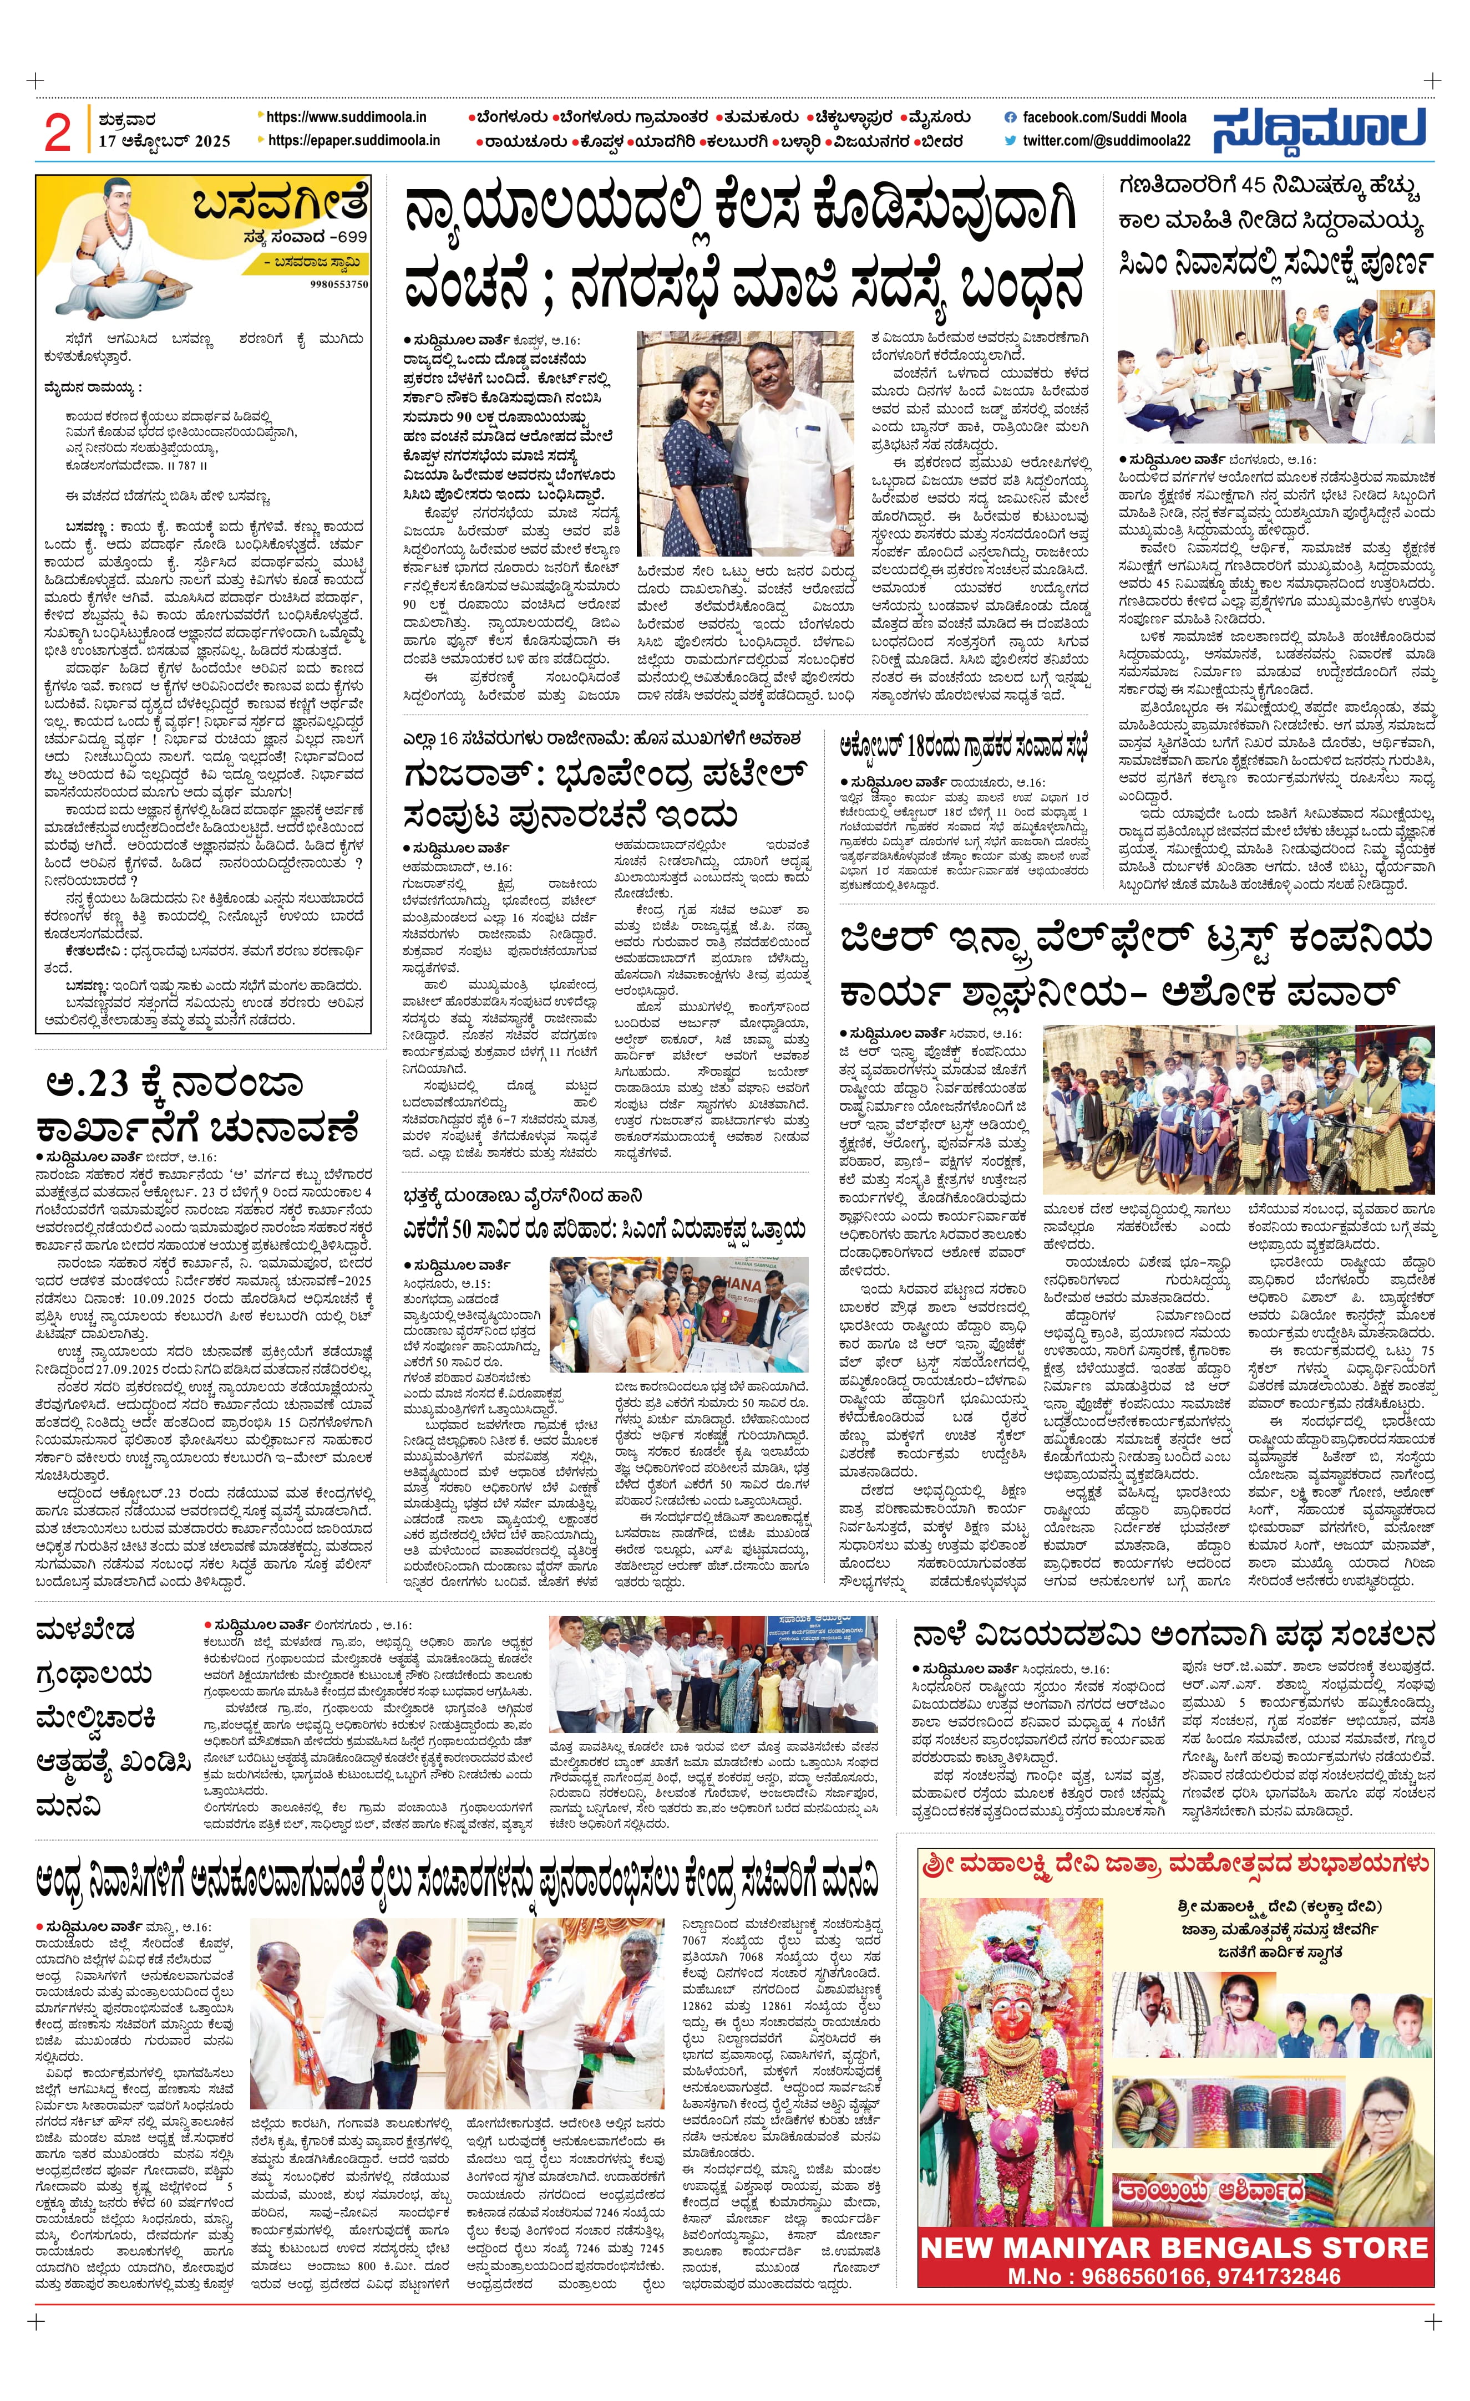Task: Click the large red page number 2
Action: (58, 131)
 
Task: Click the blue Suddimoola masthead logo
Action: (1320, 130)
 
